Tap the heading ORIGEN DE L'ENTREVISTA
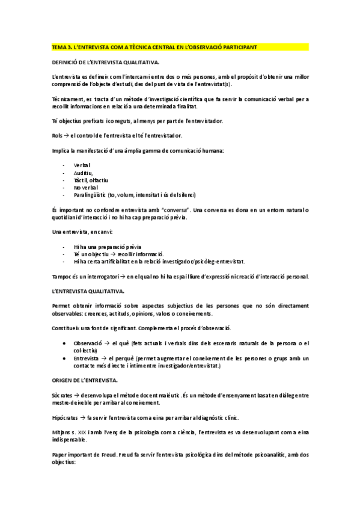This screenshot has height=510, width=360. coord(85,381)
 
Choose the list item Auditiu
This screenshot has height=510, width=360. coord(83,172)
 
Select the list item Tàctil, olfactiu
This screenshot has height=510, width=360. coord(91,179)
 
